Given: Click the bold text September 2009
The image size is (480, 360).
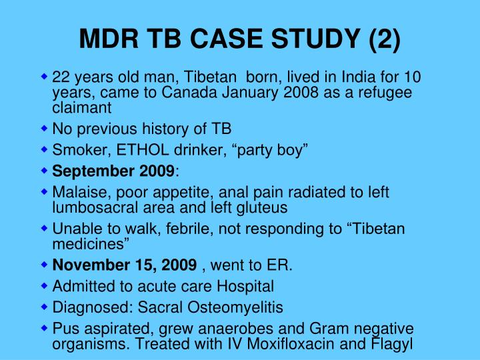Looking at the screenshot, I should (113, 171).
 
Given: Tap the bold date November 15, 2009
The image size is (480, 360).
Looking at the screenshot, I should (124, 266).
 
